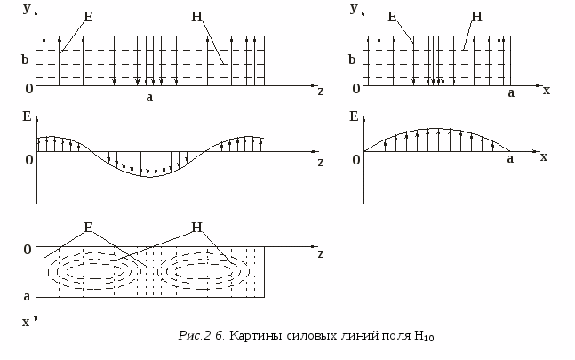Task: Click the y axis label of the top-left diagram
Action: click(27, 7)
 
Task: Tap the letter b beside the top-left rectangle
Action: click(27, 60)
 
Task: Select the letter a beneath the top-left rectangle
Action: click(150, 97)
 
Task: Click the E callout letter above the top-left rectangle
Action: click(87, 16)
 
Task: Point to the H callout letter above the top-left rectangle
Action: click(196, 16)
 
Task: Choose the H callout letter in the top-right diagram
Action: click(476, 16)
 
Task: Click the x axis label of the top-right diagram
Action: click(546, 90)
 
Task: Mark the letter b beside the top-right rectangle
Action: click(353, 60)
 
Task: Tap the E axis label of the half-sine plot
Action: click(355, 116)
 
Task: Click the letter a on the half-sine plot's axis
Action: click(510, 158)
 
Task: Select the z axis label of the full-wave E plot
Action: click(320, 162)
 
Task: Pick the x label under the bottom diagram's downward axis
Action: click(26, 323)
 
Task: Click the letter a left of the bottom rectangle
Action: click(27, 296)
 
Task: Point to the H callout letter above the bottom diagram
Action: click(196, 228)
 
